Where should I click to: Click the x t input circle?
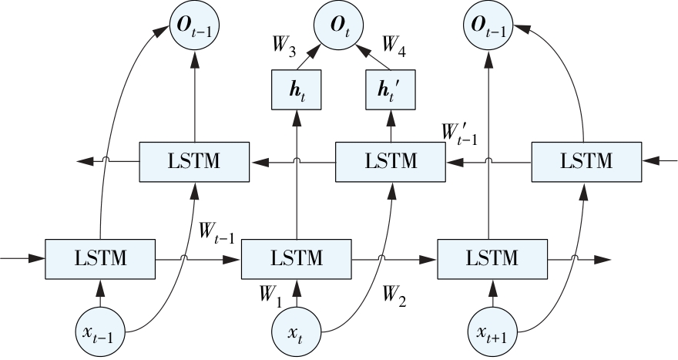[x=297, y=332]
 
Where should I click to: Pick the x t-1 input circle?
[x=101, y=332]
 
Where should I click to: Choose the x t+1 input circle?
[x=492, y=332]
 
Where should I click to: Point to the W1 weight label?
[x=270, y=294]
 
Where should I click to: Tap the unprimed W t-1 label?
[x=216, y=229]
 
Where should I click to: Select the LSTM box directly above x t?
[x=297, y=259]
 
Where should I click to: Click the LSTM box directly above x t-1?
[x=101, y=259]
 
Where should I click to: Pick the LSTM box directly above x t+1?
[x=492, y=259]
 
